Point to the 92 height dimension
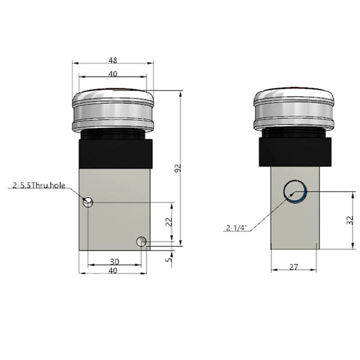click(178, 169)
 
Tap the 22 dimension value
click(169, 222)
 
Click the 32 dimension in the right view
click(351, 220)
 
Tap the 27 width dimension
click(294, 267)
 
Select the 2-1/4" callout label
click(237, 227)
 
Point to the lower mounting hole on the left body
click(142, 242)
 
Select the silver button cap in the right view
click(294, 111)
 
